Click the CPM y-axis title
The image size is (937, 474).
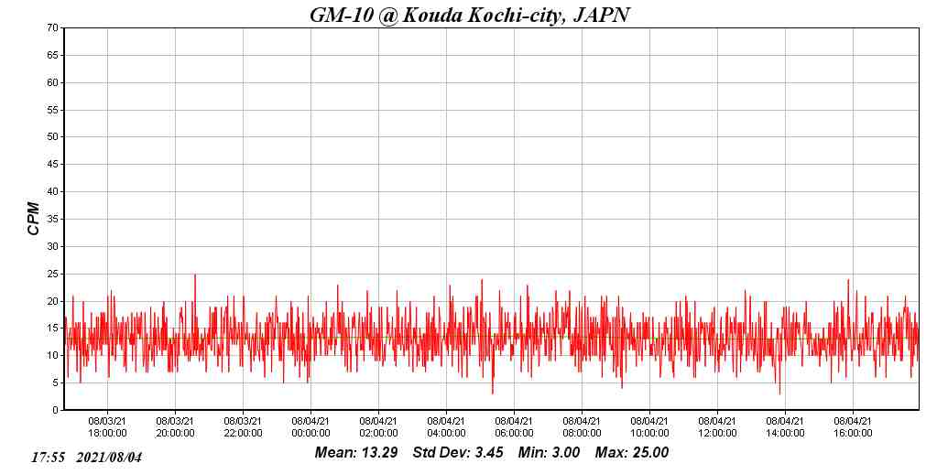click(34, 219)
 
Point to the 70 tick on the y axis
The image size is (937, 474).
click(52, 28)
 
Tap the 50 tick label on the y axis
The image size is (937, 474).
click(52, 137)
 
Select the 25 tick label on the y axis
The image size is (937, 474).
click(52, 274)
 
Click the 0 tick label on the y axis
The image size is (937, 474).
click(55, 410)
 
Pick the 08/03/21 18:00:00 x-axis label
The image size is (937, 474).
click(107, 427)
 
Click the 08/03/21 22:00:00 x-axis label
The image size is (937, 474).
click(243, 427)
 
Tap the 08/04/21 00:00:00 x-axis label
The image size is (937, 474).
click(311, 427)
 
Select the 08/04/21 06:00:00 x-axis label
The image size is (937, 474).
click(514, 427)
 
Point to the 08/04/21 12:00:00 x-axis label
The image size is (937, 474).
click(717, 427)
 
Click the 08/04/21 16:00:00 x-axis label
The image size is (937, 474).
click(853, 427)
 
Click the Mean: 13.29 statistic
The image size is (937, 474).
click(356, 453)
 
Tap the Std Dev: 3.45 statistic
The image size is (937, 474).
click(458, 453)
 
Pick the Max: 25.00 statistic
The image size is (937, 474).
click(632, 453)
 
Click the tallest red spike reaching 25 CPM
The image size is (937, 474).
click(194, 275)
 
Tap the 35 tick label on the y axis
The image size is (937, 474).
click(52, 220)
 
